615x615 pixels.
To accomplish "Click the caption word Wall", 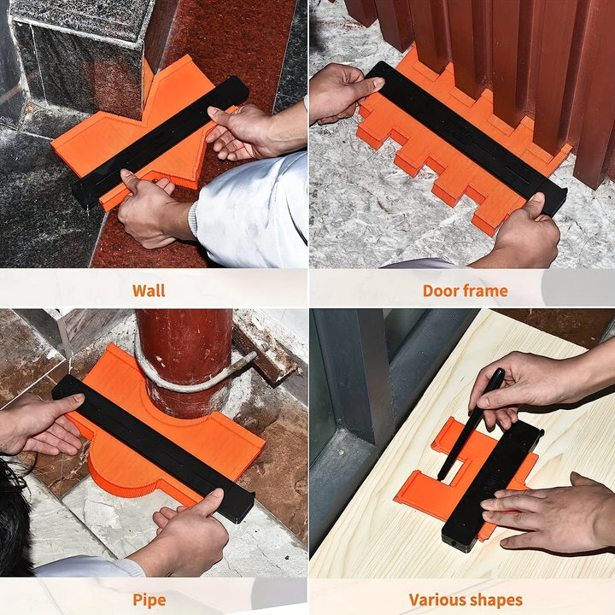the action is [x=149, y=290].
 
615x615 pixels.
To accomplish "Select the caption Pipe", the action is [x=149, y=600].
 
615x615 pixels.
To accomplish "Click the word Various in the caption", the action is [x=436, y=600].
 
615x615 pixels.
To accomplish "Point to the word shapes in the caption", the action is [x=495, y=600].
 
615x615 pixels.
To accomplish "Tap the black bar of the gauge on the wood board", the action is [x=492, y=486].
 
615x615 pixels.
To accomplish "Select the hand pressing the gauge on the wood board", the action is [x=549, y=514].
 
